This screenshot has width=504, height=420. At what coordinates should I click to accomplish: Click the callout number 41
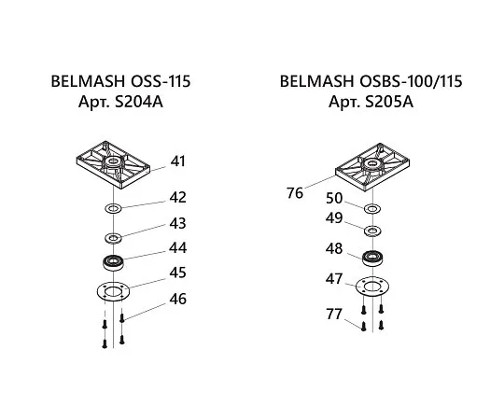(x=178, y=161)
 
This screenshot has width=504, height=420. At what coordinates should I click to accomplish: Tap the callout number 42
(x=178, y=197)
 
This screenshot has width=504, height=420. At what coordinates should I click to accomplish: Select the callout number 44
(x=178, y=248)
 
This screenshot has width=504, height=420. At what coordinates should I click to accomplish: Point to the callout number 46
(x=178, y=300)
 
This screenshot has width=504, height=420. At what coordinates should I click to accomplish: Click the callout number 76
(x=295, y=193)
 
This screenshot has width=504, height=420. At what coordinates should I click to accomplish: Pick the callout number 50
(x=334, y=199)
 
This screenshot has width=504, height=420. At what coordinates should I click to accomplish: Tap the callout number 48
(x=334, y=249)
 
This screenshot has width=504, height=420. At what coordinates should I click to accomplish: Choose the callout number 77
(x=334, y=314)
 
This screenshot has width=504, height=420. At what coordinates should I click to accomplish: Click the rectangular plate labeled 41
(x=113, y=164)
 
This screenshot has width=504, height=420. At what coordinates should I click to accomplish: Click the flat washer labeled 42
(x=113, y=208)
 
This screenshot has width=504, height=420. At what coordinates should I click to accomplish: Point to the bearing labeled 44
(x=113, y=262)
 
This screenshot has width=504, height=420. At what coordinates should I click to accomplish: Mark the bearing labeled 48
(x=372, y=258)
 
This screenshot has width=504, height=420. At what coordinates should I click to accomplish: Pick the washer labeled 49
(x=372, y=231)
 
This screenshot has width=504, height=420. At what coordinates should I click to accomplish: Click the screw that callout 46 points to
(x=122, y=318)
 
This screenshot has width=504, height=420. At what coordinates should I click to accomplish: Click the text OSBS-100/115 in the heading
(x=411, y=81)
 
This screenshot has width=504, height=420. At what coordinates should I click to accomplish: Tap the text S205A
(x=389, y=102)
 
